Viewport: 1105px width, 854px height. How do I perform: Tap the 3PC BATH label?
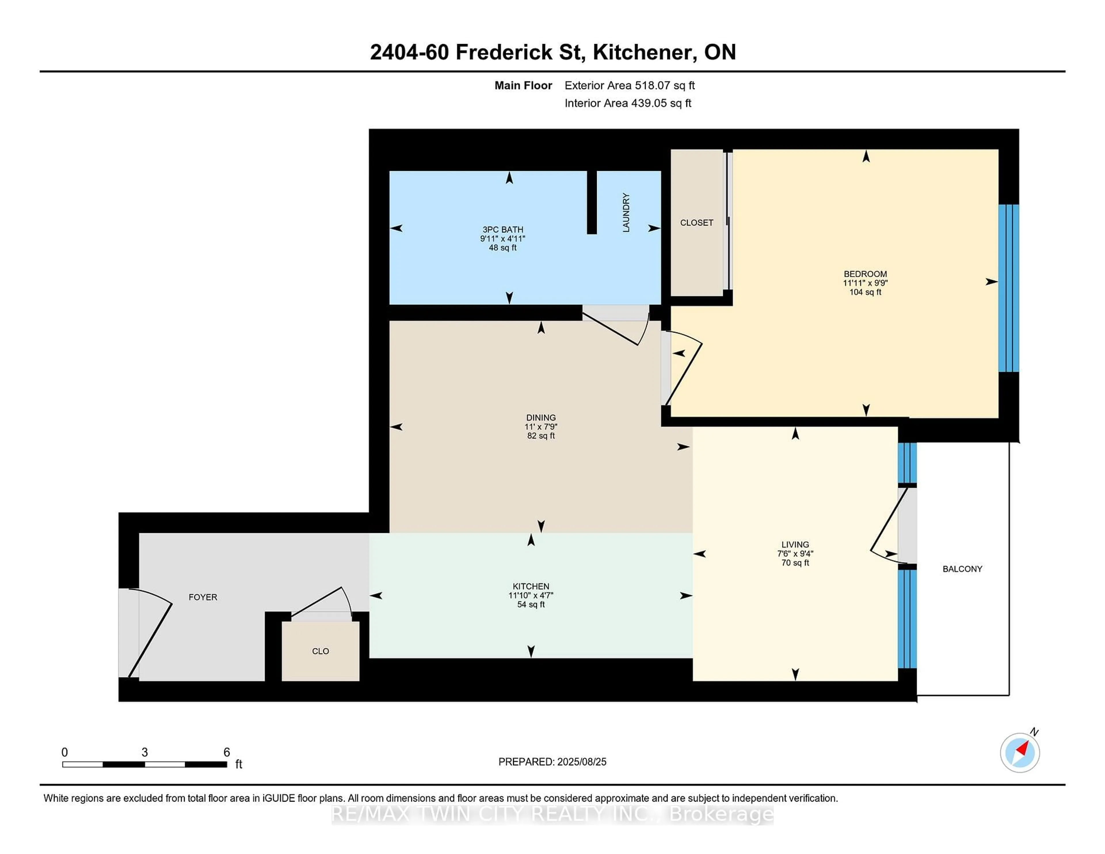[x=502, y=229]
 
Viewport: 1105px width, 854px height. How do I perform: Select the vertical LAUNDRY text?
[x=626, y=212]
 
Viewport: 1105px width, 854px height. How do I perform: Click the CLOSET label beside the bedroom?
[x=696, y=223]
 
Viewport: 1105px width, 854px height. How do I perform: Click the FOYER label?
[x=203, y=597]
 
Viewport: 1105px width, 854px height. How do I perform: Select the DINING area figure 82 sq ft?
[x=541, y=436]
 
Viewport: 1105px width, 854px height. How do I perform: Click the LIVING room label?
[x=795, y=544]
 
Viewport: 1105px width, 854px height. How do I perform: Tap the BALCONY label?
[x=962, y=569]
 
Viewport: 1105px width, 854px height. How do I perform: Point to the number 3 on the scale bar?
[x=145, y=752]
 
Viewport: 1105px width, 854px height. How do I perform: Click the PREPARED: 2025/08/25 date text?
[x=552, y=761]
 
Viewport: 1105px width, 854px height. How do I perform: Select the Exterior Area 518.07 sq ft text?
[x=629, y=85]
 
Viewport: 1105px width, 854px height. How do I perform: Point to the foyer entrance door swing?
[x=147, y=632]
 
